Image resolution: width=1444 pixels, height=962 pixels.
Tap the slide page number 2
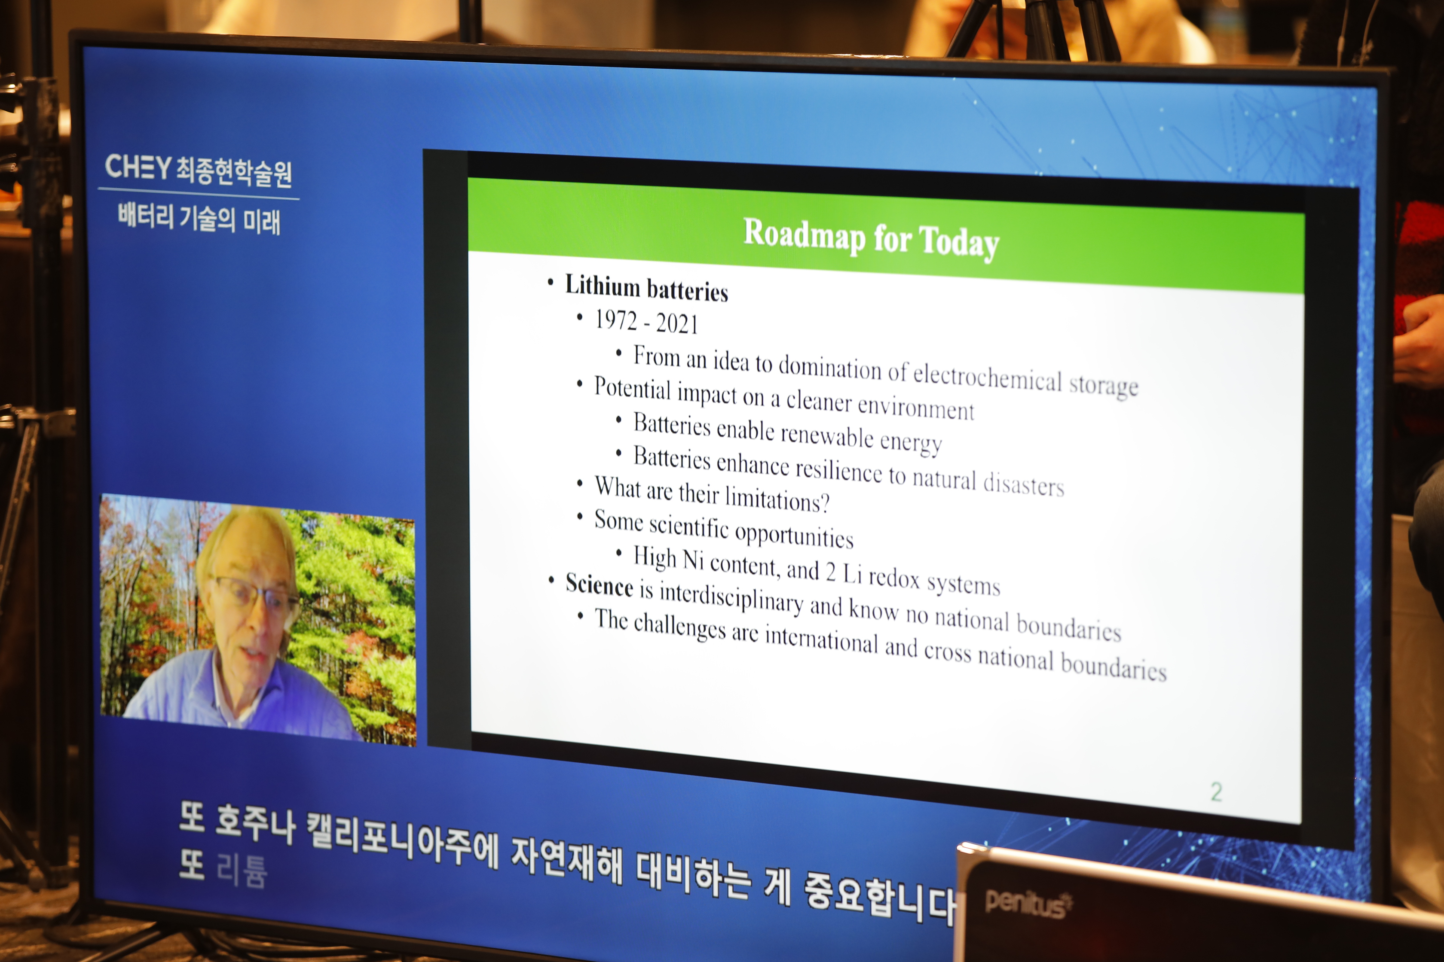click(x=1216, y=792)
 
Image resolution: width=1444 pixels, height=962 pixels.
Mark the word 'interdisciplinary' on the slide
click(x=731, y=597)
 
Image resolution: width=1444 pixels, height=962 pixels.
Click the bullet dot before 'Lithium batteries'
click(x=551, y=282)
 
